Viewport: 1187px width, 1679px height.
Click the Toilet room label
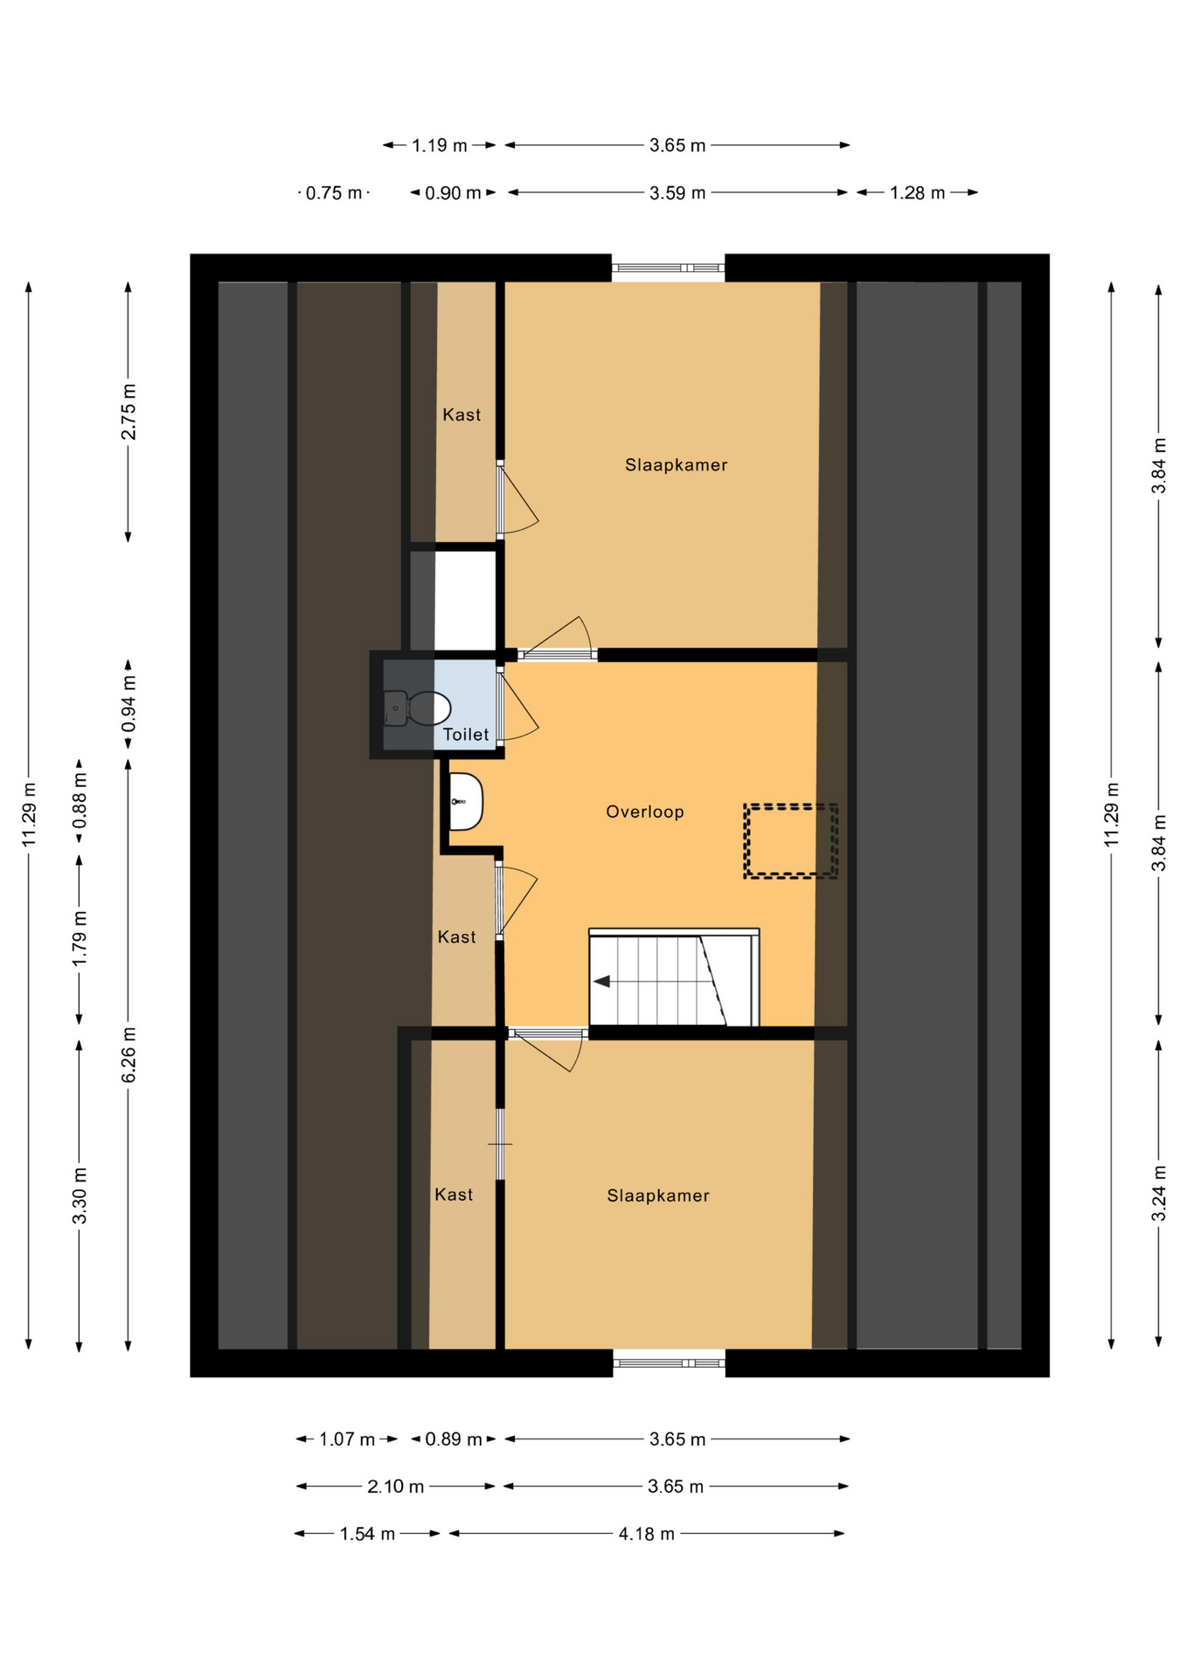(x=465, y=735)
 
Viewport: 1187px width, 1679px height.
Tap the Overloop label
(x=645, y=812)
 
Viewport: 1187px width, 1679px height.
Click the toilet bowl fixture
(x=417, y=707)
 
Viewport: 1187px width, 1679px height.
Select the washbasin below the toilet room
(x=466, y=801)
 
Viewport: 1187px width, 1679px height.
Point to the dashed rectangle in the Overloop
(x=790, y=840)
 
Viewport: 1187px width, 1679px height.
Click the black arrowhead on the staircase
(x=601, y=981)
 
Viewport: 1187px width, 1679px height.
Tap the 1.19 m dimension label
(x=439, y=145)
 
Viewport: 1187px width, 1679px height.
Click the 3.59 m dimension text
(x=677, y=192)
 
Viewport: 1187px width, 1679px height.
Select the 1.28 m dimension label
(x=917, y=192)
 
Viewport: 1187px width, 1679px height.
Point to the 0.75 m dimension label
(x=333, y=192)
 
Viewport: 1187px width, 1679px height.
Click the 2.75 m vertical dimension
(x=128, y=412)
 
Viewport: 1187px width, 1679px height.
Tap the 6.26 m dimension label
(x=128, y=1055)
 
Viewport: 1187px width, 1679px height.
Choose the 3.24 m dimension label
(x=1159, y=1194)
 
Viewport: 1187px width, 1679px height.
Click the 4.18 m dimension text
(x=646, y=1534)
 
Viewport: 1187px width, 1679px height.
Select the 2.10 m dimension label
(x=395, y=1487)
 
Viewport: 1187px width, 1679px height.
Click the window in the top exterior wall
(x=668, y=268)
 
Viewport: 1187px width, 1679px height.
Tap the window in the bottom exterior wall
(x=669, y=1362)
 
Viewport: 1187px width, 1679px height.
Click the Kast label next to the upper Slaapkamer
(x=462, y=415)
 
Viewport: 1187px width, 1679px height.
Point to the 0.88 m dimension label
(x=80, y=800)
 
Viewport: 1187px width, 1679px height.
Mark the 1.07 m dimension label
(x=347, y=1439)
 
